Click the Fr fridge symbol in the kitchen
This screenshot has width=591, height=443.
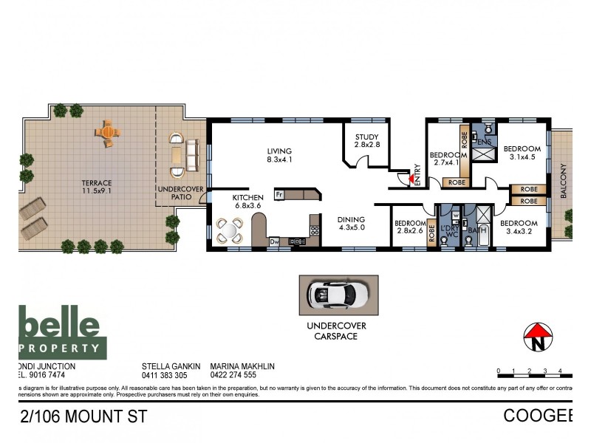click(279, 195)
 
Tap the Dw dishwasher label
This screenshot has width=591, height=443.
click(273, 241)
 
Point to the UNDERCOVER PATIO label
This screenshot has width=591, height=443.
click(176, 194)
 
